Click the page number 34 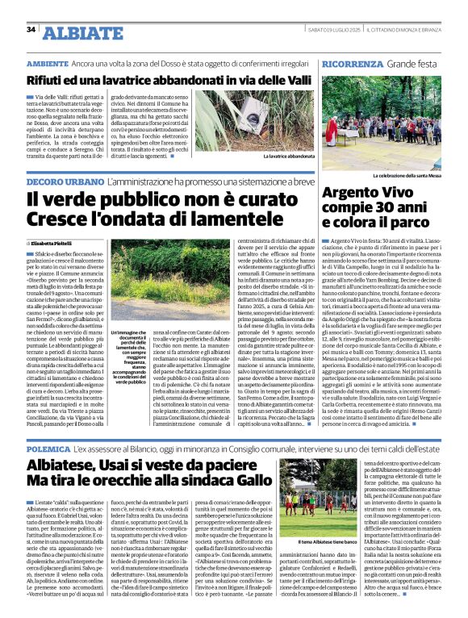(x=31, y=30)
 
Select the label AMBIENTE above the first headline (x=47, y=62)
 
